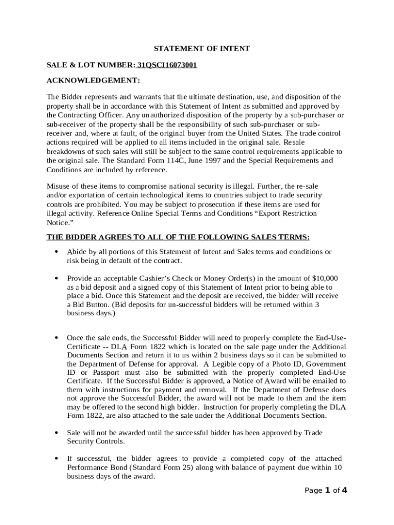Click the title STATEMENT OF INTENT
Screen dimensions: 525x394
pyautogui.click(x=202, y=49)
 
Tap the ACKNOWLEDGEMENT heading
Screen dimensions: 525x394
pyautogui.click(x=93, y=80)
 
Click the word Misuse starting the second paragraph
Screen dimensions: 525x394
pyautogui.click(x=59, y=186)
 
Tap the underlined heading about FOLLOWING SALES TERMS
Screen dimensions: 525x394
pyautogui.click(x=178, y=237)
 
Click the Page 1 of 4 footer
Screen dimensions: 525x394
pyautogui.click(x=325, y=491)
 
